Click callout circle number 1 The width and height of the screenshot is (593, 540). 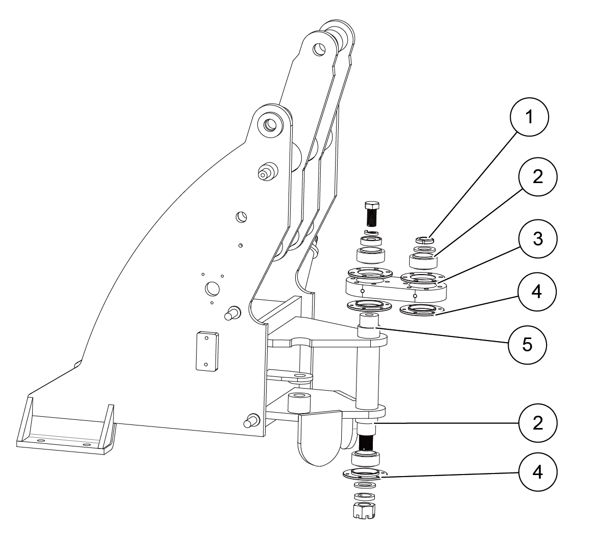529,117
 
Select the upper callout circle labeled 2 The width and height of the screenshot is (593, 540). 537,177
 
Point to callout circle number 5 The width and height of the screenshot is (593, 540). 527,344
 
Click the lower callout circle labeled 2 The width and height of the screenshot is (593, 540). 537,423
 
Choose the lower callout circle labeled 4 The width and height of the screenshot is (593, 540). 537,471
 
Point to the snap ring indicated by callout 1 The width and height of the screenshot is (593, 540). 425,239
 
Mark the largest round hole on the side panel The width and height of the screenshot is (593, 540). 211,288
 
